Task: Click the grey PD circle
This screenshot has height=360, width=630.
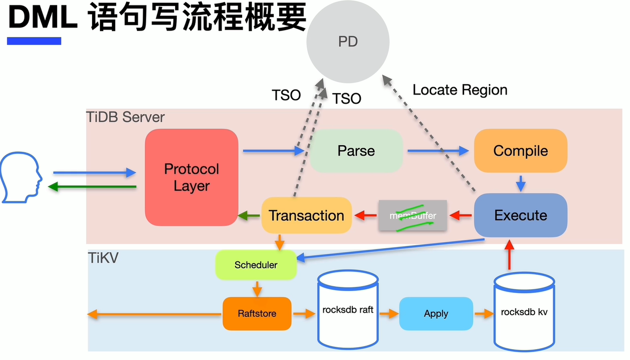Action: tap(347, 41)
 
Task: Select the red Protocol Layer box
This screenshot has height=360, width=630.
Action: tap(191, 177)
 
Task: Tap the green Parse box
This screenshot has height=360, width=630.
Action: tap(356, 151)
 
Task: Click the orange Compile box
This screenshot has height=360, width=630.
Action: tap(520, 150)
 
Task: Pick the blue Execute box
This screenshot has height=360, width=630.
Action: tap(520, 215)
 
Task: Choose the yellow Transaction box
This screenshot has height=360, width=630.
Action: tap(306, 215)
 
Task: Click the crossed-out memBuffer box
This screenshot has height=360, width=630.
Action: tap(412, 215)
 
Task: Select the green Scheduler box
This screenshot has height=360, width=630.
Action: tap(256, 265)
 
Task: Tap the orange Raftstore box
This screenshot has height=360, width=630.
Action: tap(257, 314)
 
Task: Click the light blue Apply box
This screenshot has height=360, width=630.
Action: tap(436, 314)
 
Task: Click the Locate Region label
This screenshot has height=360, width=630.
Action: tap(460, 90)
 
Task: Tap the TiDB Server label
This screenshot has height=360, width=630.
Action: tap(126, 117)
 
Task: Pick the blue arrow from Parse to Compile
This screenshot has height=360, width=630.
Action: tap(438, 151)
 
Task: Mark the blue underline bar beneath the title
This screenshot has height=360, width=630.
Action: tap(34, 41)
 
